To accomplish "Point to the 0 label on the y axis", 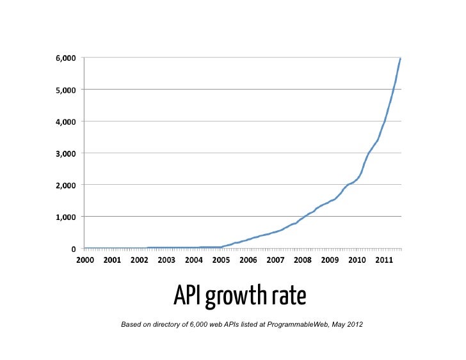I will click(74, 249).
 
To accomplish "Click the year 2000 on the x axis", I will click(85, 260).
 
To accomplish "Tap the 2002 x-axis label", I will click(140, 260).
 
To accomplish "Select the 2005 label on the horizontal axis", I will click(221, 260).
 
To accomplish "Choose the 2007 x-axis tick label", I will click(275, 260).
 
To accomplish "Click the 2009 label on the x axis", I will click(330, 260).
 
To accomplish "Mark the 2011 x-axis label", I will click(384, 260).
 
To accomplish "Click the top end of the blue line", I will click(401, 58).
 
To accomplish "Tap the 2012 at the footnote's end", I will click(354, 325).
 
